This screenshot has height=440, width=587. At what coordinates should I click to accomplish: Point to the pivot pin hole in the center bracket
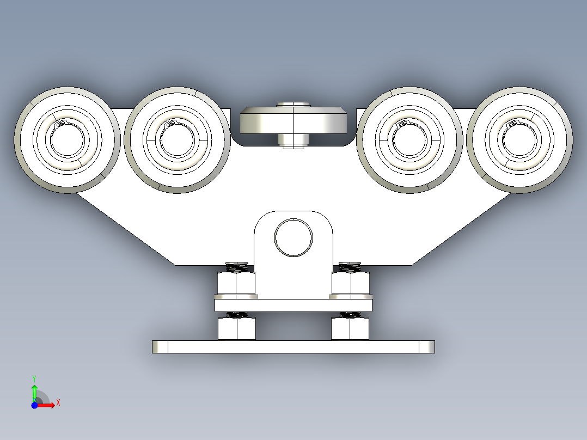click(x=293, y=237)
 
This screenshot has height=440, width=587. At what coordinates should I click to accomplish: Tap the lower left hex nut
click(x=236, y=328)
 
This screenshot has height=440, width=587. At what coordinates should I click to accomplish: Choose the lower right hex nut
click(x=351, y=328)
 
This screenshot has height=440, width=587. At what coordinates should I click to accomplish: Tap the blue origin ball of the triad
click(x=34, y=405)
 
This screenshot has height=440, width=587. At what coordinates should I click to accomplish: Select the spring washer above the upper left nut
click(x=236, y=267)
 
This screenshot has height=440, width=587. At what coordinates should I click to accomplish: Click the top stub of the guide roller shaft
click(x=293, y=104)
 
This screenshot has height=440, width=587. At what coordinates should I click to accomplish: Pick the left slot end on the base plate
click(x=160, y=347)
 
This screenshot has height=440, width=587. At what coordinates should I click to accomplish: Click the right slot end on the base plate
click(x=426, y=347)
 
